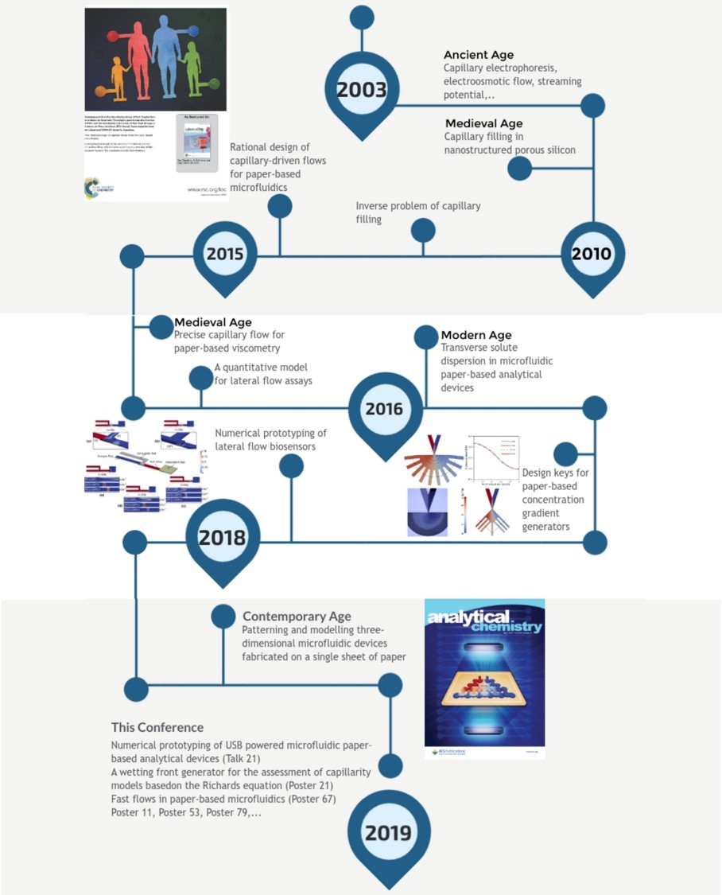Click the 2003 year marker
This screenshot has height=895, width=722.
coord(362,89)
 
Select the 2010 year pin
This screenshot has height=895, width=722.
coord(592,254)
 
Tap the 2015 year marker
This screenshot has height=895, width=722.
coord(225,255)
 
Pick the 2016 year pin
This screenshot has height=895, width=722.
coord(384,409)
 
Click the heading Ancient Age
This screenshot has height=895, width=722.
coord(479,55)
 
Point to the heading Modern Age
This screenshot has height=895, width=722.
coord(476,335)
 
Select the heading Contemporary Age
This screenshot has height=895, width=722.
coord(297,617)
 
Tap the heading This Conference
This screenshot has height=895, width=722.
coord(157,727)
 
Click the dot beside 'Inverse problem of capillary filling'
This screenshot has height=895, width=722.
coord(423,230)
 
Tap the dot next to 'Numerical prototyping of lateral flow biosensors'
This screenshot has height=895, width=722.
coord(292,466)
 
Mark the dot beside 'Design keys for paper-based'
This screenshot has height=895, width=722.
coord(565,454)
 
